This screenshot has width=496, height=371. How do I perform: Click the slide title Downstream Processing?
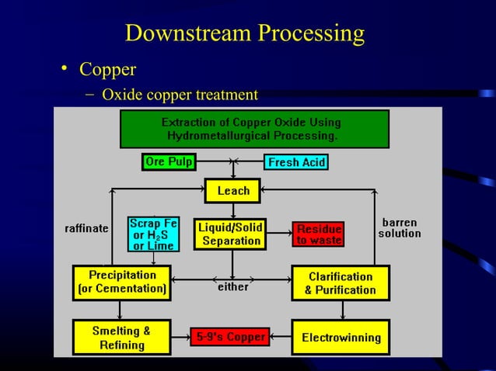[x=244, y=33]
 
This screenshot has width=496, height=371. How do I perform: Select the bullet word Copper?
[x=107, y=70]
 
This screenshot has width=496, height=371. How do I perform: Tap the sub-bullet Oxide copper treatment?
[x=180, y=95]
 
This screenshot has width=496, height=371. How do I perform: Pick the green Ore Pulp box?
[x=169, y=162]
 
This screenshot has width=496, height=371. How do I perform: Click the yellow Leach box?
[x=233, y=190]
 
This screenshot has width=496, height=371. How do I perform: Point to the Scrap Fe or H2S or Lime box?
[x=153, y=234]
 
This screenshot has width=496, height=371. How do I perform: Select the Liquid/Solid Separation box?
[x=231, y=234]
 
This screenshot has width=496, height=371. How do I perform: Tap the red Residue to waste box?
[x=318, y=234]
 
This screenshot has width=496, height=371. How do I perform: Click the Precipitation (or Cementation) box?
[x=121, y=283]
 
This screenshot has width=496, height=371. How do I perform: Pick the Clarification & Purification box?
[x=341, y=283]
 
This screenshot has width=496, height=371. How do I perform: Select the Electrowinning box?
[x=341, y=338]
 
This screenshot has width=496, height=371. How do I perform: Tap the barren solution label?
[x=400, y=227]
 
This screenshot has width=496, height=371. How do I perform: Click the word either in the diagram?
[x=232, y=287]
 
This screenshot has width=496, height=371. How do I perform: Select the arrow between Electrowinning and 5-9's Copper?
[x=281, y=337]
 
